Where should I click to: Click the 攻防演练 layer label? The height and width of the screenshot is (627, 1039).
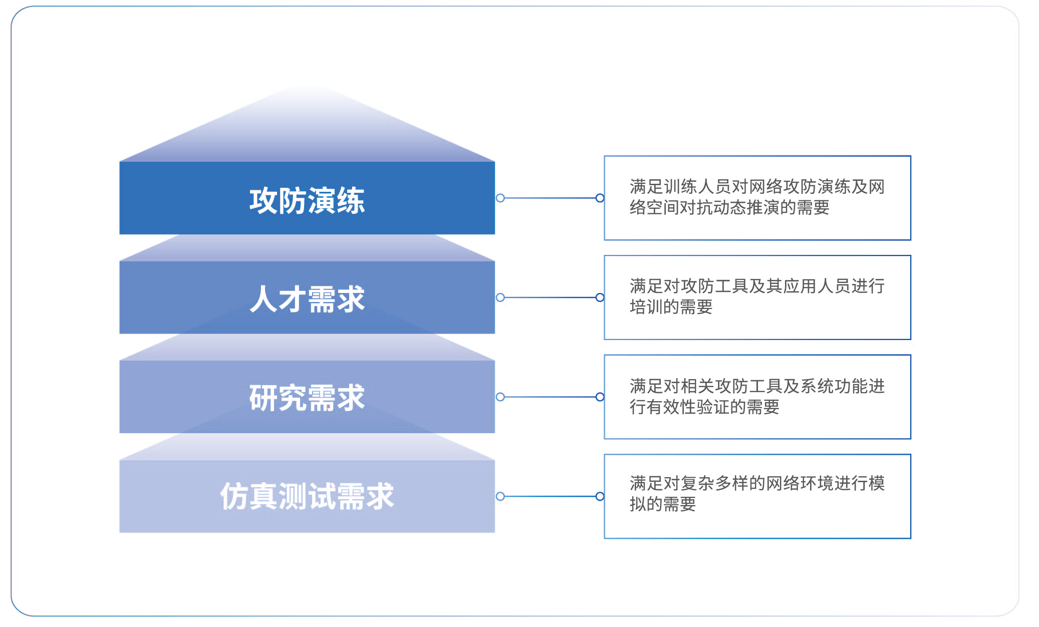307,200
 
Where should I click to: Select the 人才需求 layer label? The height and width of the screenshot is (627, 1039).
307,299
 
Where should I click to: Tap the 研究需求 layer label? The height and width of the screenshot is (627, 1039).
307,398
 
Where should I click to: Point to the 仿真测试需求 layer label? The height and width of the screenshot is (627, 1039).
307,496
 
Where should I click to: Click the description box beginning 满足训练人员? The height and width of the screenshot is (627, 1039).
757,198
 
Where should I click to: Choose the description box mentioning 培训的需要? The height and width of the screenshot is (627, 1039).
757,297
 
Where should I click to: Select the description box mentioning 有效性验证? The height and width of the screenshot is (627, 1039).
757,397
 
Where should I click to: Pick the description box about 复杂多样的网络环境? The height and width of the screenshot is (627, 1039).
757,496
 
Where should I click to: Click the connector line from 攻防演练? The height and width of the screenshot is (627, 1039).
550,198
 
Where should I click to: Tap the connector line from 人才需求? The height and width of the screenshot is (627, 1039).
550,297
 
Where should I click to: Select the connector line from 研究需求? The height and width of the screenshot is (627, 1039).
550,397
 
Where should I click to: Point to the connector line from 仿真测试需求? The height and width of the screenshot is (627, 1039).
550,496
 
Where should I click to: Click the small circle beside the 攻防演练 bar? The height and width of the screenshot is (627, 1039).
500,198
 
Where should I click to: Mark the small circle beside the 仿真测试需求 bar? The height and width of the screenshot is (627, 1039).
500,496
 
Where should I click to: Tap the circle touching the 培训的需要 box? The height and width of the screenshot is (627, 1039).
600,297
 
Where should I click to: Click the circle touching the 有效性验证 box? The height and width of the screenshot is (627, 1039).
600,397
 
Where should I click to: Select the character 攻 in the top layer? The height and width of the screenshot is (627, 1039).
264,201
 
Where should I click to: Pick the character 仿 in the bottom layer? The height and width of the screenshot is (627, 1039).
234,496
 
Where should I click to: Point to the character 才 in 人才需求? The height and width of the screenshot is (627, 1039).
293,299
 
